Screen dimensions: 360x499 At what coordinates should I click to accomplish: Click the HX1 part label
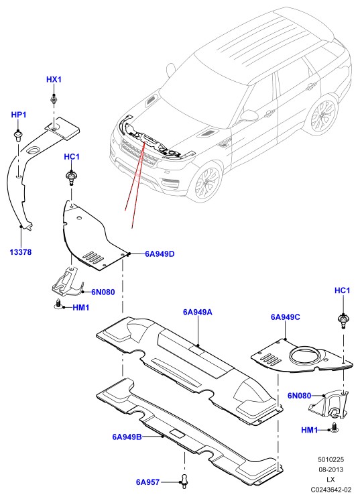pyautogui.click(x=54, y=79)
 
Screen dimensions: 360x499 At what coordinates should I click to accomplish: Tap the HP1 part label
pyautogui.click(x=19, y=115)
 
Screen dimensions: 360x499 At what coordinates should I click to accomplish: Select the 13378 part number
pyautogui.click(x=21, y=252)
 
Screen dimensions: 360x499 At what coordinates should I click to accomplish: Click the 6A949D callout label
pyautogui.click(x=160, y=254)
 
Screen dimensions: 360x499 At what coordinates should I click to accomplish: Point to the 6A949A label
pyautogui.click(x=198, y=312)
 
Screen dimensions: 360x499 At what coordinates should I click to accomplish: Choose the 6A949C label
pyautogui.click(x=286, y=317)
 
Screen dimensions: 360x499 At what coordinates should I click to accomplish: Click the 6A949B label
pyautogui.click(x=127, y=437)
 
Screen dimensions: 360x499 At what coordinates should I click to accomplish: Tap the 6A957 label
pyautogui.click(x=148, y=482)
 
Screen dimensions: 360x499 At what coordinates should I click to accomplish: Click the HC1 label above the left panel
pyautogui.click(x=72, y=156)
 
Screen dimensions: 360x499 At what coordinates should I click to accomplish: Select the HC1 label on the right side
pyautogui.click(x=342, y=290)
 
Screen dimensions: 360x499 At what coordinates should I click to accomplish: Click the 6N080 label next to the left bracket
pyautogui.click(x=103, y=292)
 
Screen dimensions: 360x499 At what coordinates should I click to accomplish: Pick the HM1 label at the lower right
pyautogui.click(x=310, y=431)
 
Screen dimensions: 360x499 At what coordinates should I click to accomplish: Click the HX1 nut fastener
pyautogui.click(x=54, y=100)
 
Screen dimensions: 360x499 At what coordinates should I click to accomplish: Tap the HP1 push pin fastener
pyautogui.click(x=18, y=137)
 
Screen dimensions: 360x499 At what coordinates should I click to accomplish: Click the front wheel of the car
pyautogui.click(x=208, y=180)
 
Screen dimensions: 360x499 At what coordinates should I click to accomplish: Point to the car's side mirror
pyautogui.click(x=249, y=115)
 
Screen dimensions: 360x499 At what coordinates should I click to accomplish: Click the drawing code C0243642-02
pyautogui.click(x=331, y=490)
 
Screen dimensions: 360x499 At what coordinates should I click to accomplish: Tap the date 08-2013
pyautogui.click(x=331, y=469)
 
